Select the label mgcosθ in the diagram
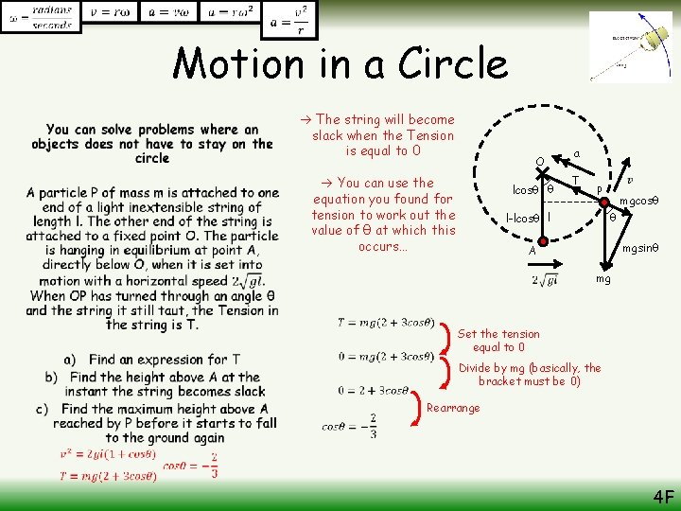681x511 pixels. click(x=638, y=201)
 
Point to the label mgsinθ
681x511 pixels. click(x=641, y=249)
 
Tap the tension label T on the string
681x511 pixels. click(x=575, y=181)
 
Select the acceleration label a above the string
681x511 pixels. click(x=576, y=152)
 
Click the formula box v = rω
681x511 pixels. click(x=111, y=11)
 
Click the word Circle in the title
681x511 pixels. click(x=453, y=63)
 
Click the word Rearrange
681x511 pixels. click(x=453, y=408)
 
